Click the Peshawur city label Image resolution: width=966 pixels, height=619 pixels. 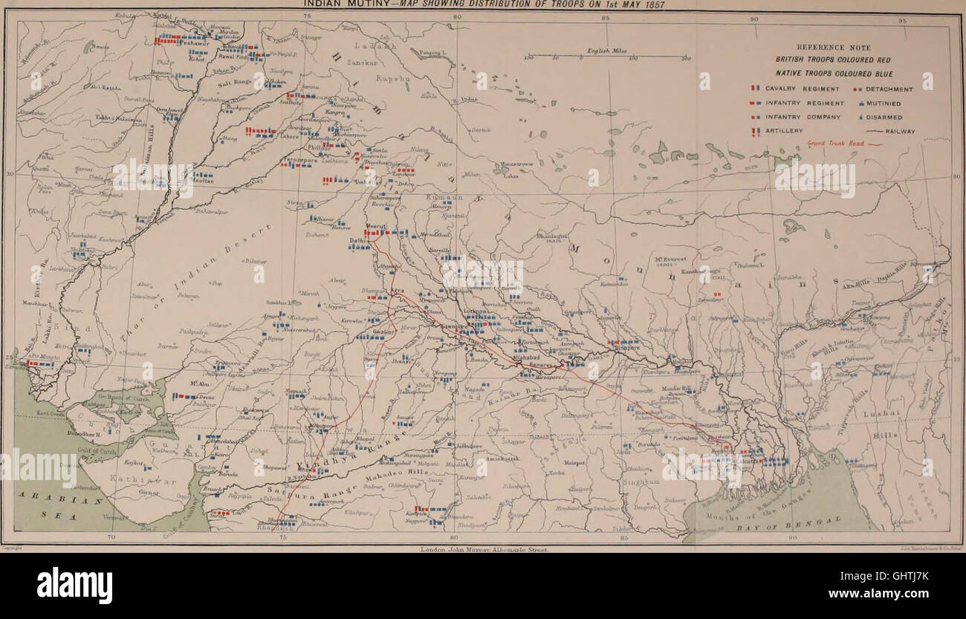point(172,45)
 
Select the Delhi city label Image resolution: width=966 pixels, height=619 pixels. point(360,240)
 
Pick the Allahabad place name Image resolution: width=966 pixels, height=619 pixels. point(527,358)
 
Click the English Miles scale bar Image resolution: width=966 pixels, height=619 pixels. point(607,56)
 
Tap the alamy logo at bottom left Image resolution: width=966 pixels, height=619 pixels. point(74,586)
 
